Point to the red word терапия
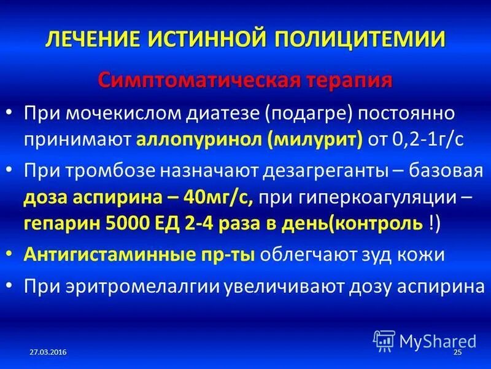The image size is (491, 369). point(344,81)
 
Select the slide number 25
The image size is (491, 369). point(457,351)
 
